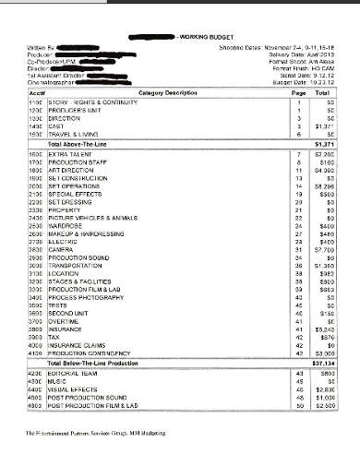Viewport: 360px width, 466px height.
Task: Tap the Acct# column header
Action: [x=38, y=93]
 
